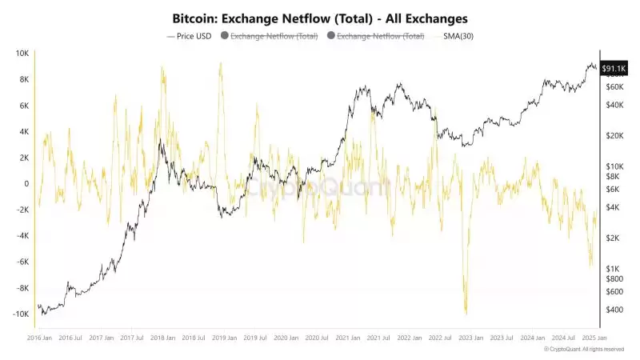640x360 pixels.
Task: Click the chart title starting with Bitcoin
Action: click(x=320, y=17)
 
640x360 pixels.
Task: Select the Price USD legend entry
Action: click(x=189, y=37)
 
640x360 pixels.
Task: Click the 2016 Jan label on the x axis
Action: click(x=42, y=339)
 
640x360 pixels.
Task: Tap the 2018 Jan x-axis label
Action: click(x=163, y=339)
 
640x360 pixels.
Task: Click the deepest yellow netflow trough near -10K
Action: click(x=466, y=314)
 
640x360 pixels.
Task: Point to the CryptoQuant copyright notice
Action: click(x=583, y=350)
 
